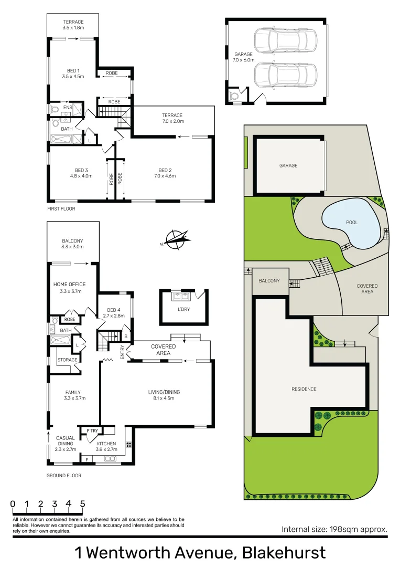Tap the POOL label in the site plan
pos(352,222)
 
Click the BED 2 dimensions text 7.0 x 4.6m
pos(165,176)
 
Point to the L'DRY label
pos(183,309)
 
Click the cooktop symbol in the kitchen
pos(128,444)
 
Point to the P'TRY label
pos(92,431)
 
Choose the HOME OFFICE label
pos(69,285)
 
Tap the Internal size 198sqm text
pos(334,529)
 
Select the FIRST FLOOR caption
pos(61,209)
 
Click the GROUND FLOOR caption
pos(64,476)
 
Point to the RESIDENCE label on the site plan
pos(304,389)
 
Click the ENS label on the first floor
pos(68,108)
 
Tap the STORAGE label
pos(68,360)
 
